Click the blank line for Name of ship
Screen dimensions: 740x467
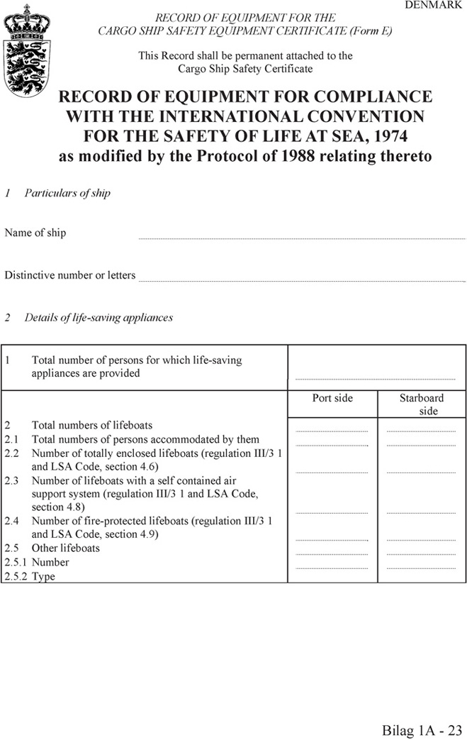pyautogui.click(x=301, y=238)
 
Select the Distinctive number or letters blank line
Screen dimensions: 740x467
pyautogui.click(x=301, y=280)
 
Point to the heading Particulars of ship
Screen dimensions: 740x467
pyautogui.click(x=67, y=193)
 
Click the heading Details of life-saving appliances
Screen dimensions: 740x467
pyautogui.click(x=99, y=318)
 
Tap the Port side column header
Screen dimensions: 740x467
pyautogui.click(x=332, y=398)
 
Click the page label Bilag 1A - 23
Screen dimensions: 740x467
pyautogui.click(x=422, y=729)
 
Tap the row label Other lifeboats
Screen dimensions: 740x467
pyautogui.click(x=66, y=548)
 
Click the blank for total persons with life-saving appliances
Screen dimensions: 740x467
pyautogui.click(x=375, y=377)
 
